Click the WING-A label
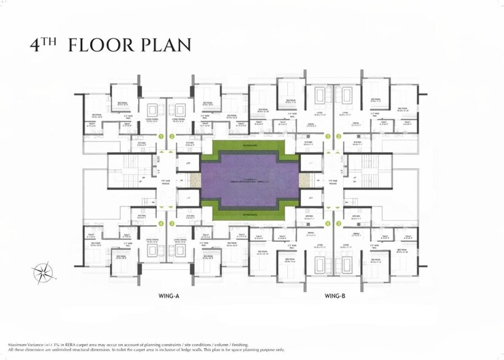(164, 295)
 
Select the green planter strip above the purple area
(248, 145)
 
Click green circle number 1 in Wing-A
(161, 136)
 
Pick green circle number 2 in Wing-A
(172, 136)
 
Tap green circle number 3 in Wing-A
(172, 224)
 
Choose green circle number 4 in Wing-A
(161, 224)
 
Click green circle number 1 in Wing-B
(328, 136)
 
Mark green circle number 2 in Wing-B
(339, 136)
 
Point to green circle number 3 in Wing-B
(339, 224)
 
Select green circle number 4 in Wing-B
(328, 224)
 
